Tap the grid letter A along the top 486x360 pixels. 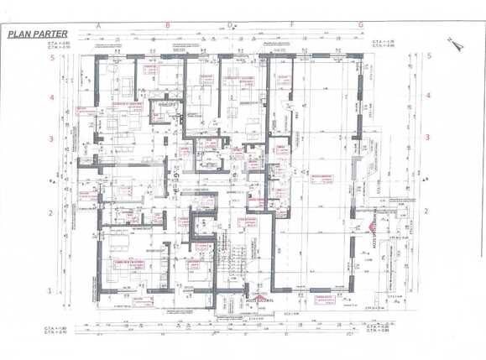[x=98, y=25]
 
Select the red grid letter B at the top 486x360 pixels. [x=167, y=25]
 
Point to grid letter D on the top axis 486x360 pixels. [x=229, y=25]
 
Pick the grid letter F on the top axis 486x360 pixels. [x=291, y=25]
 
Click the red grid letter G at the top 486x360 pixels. [x=360, y=25]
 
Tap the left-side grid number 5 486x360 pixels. [x=52, y=58]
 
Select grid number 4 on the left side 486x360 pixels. [x=52, y=97]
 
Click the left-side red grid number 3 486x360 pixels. [x=52, y=138]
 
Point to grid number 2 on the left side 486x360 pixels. [x=52, y=213]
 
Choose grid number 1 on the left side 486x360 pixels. [x=52, y=290]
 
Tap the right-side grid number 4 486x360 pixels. [x=428, y=96]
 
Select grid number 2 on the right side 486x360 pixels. [x=428, y=213]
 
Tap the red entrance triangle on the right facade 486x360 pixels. [x=370, y=227]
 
